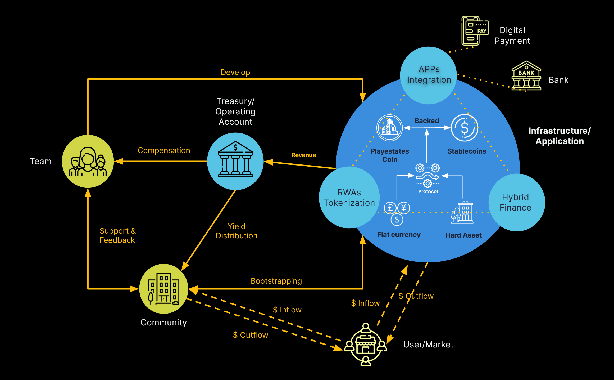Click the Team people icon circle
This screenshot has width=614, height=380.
coord(88,161)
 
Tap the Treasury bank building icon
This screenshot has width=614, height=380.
coord(235,161)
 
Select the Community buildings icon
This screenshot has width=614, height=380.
coord(164,289)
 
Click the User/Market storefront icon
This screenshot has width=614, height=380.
coord(366,345)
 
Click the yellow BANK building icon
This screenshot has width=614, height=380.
coord(526,76)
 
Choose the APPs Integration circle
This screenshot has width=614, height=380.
coord(429,75)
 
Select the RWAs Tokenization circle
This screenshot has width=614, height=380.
coord(349,198)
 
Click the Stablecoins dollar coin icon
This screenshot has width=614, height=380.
coord(465,128)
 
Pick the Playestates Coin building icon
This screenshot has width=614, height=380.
coord(389,128)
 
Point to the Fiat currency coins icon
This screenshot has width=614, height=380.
coord(397,213)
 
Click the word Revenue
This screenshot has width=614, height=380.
coord(304,155)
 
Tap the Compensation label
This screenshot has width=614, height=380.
coord(164,150)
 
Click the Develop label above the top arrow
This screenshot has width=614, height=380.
coord(235,72)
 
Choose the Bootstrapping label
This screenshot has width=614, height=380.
coord(276,281)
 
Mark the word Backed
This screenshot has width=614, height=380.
coord(426,121)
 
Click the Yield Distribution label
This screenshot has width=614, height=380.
coord(236,231)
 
